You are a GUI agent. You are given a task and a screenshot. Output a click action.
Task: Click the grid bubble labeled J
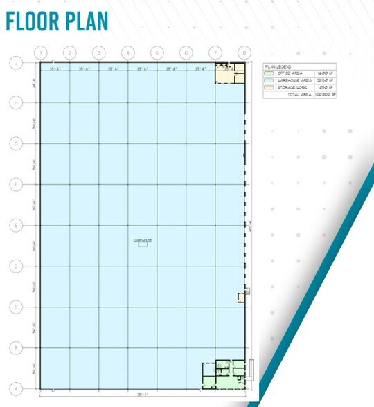pyautogui.click(x=15, y=62)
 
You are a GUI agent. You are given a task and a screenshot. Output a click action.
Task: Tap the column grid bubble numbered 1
pyautogui.click(x=41, y=53)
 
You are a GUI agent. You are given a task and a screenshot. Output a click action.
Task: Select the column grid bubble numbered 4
pyautogui.click(x=127, y=53)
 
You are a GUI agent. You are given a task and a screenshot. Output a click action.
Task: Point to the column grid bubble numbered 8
pyautogui.click(x=244, y=53)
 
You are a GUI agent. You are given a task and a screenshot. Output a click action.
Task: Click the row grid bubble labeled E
pyautogui.click(x=15, y=225)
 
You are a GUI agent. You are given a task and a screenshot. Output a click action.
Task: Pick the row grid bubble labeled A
pyautogui.click(x=15, y=388)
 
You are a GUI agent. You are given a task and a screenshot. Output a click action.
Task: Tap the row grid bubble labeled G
pyautogui.click(x=15, y=143)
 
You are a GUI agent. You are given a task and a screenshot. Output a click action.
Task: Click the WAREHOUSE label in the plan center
pyautogui.click(x=142, y=240)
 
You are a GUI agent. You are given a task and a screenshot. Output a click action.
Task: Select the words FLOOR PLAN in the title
pyautogui.click(x=57, y=21)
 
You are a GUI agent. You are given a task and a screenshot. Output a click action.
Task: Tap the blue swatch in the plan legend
pyautogui.click(x=269, y=80)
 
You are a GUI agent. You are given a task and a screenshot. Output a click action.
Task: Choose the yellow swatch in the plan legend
pyautogui.click(x=269, y=87)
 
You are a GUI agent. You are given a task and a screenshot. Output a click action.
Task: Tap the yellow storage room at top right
pyautogui.click(x=224, y=74)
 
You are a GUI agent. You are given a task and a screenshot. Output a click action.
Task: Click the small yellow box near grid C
pyautogui.click(x=242, y=297)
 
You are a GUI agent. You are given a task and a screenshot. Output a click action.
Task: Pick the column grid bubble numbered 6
pyautogui.click(x=186, y=53)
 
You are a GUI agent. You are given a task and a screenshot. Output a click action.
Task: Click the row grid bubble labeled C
pyautogui.click(x=15, y=307)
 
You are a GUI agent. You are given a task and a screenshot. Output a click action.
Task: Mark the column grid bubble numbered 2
pyautogui.click(x=69, y=53)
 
